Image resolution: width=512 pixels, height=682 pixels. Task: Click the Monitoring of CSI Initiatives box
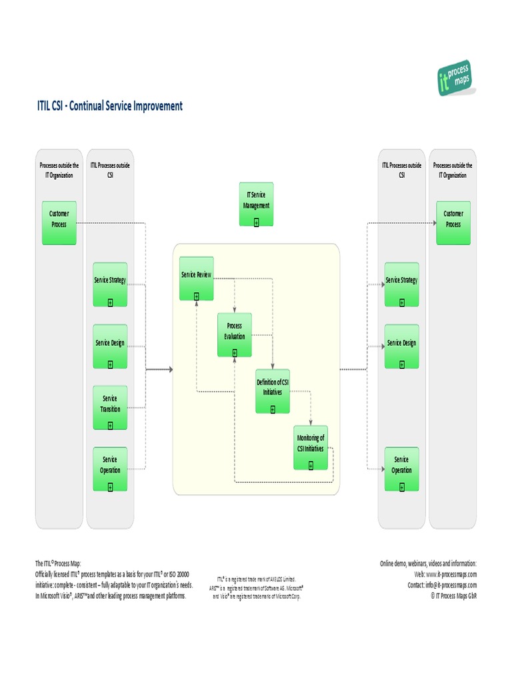[311, 447]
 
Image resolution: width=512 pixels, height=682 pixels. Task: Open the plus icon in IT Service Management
[256, 222]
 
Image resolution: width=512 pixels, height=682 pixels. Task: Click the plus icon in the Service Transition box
[110, 425]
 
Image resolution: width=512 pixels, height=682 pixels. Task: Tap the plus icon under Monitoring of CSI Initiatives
[311, 466]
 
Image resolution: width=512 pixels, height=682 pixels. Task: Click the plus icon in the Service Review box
[196, 296]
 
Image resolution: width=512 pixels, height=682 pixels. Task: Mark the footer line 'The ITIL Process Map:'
[58, 563]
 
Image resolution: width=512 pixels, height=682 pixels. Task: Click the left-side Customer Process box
[59, 222]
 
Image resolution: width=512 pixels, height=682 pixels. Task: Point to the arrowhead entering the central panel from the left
[170, 369]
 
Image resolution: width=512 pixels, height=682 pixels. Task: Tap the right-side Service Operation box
[401, 468]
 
